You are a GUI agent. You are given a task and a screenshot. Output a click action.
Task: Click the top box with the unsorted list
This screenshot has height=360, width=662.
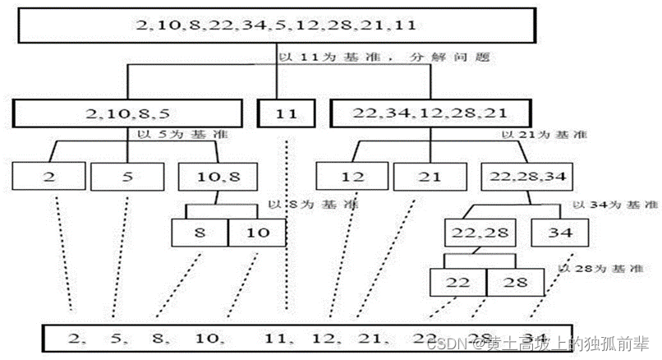pos(276,25)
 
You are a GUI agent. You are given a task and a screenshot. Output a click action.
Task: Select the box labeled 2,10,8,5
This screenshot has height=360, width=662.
pos(126,113)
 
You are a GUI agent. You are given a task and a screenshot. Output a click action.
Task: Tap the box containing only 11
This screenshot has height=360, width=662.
pos(286,113)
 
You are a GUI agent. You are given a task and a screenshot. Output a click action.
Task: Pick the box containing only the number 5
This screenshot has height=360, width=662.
pos(126,176)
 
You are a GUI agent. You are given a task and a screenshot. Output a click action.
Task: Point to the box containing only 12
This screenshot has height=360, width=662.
pos(353,176)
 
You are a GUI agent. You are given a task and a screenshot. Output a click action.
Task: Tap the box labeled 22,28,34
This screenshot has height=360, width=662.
pos(526,176)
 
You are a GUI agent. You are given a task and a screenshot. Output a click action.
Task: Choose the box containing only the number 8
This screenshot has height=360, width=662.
pos(200,232)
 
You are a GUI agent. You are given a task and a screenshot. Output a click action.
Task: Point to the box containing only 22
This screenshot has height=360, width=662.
pos(458,282)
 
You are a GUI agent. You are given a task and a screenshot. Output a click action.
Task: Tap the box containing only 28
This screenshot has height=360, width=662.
pos(515,282)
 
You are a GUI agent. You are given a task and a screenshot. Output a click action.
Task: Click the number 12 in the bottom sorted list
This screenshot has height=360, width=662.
pos(326,336)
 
